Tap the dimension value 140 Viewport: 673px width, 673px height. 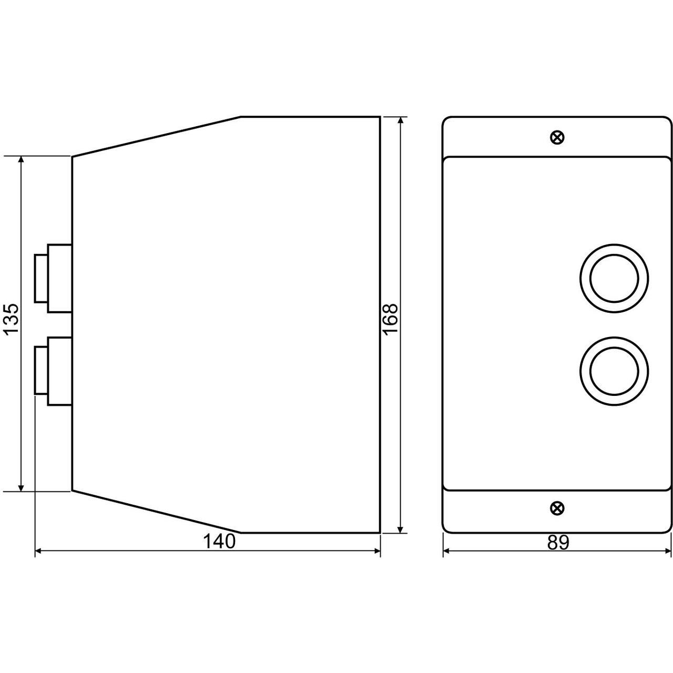tap(219, 542)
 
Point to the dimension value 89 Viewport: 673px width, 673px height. tap(558, 543)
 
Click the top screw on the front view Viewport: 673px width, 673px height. tap(557, 137)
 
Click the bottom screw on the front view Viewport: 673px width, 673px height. tap(557, 507)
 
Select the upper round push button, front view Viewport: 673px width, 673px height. tap(614, 278)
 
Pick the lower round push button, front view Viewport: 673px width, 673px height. tap(614, 371)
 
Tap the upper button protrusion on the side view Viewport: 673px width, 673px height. tap(53, 278)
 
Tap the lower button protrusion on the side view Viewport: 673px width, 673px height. tap(53, 371)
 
